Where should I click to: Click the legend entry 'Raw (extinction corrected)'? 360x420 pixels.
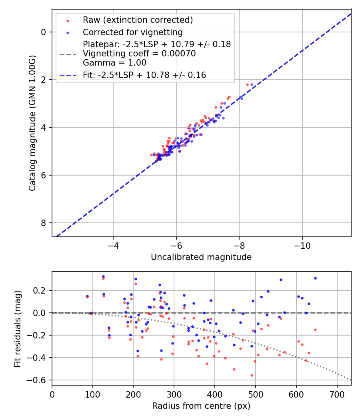coord(138,20)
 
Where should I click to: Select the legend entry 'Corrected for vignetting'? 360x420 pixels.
coord(132,32)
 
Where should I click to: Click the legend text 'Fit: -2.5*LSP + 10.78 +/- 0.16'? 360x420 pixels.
coord(144,75)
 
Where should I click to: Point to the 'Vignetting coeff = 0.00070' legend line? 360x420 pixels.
coord(139,54)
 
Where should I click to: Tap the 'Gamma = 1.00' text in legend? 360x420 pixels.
coord(114,63)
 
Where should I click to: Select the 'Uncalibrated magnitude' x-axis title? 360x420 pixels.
coord(201,257)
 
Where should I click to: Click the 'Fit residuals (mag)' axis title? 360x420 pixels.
coord(17,328)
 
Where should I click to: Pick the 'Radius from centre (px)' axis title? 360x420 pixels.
coord(201,406)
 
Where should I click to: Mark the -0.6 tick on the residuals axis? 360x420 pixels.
coord(40,380)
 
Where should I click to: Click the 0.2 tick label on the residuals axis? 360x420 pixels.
coord(42,290)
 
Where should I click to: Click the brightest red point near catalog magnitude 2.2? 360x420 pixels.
coord(247,84)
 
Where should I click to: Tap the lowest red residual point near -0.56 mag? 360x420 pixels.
coord(252,375)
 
